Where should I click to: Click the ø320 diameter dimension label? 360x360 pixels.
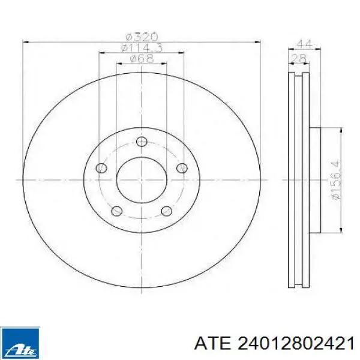tap(142, 37)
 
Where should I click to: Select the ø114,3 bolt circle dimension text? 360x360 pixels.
tap(142, 48)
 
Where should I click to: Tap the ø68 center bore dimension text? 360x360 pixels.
tap(142, 59)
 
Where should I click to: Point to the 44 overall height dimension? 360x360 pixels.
tap(304, 44)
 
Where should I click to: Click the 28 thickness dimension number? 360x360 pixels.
tap(299, 58)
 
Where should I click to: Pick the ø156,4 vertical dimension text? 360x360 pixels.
tap(335, 180)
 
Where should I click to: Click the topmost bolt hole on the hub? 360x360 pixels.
tap(142, 142)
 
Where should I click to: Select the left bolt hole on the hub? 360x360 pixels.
tap(101, 168)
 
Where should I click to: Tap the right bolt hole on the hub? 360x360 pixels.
tap(182, 168)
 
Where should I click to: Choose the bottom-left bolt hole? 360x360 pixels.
tap(116, 211)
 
